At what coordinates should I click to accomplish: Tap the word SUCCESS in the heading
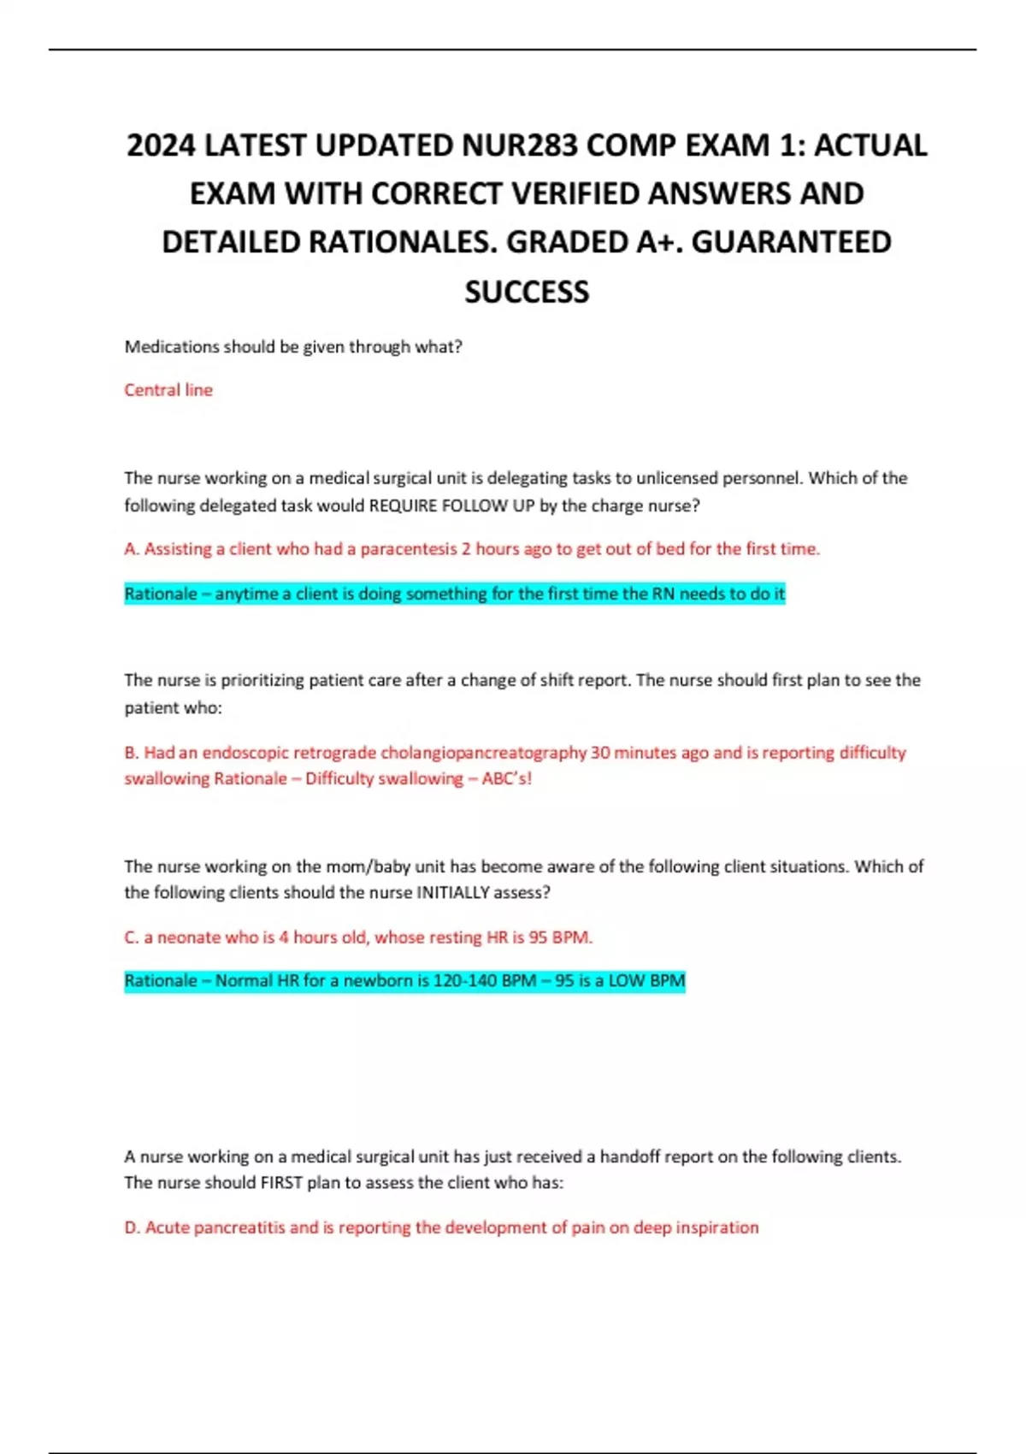coord(527,292)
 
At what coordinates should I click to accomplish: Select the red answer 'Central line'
coord(168,390)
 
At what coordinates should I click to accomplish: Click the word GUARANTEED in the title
coord(791,242)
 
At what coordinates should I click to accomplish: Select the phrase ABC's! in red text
coord(507,778)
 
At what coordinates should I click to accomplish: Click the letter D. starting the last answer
coord(132,1227)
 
